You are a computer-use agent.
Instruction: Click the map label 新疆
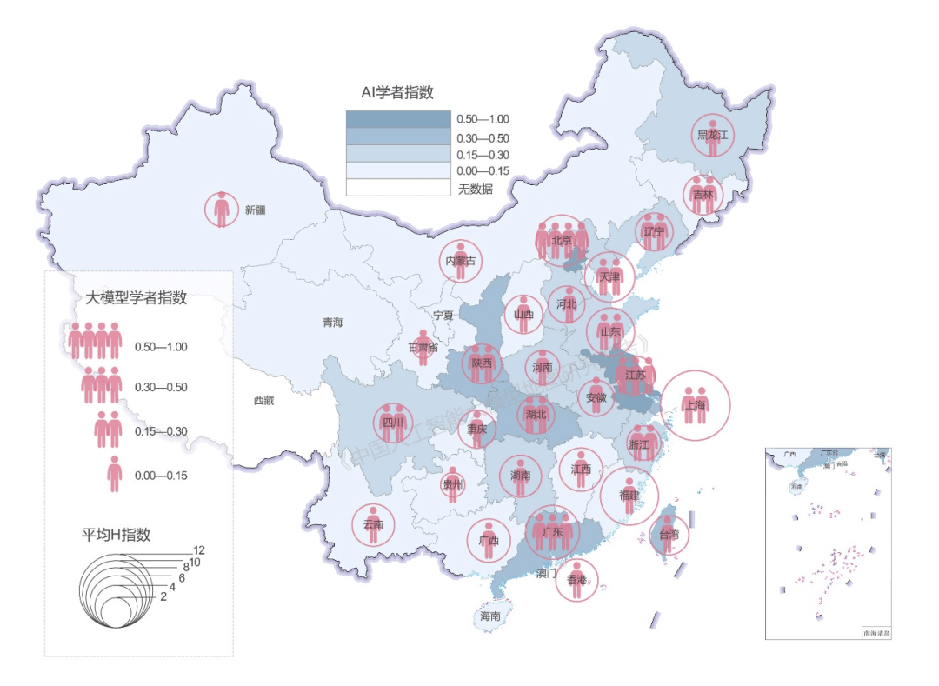255,210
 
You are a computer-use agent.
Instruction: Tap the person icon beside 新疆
223,210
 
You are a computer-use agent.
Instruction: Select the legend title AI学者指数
397,92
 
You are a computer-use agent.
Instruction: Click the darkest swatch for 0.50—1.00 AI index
398,120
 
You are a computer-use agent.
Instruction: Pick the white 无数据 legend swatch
398,187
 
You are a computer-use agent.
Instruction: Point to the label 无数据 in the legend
476,188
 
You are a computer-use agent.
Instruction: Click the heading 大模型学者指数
137,297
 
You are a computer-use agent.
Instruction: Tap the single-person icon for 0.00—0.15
114,475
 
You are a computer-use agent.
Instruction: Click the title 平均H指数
117,533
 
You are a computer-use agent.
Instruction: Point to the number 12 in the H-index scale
199,550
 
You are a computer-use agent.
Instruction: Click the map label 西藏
263,401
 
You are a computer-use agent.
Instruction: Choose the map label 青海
333,323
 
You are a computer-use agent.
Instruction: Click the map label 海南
490,616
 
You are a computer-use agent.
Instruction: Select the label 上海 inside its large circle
695,405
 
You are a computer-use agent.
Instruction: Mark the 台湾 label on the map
669,535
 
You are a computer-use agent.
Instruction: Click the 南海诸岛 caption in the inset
876,633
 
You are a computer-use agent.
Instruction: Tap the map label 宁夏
444,315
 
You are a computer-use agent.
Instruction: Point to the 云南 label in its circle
374,525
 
